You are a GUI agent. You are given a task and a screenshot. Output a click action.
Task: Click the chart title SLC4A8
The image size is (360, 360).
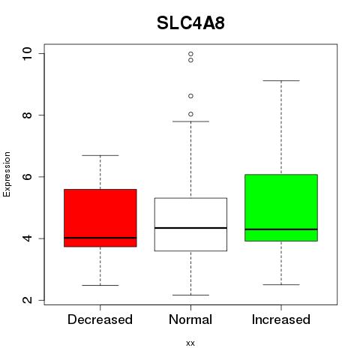point(190,23)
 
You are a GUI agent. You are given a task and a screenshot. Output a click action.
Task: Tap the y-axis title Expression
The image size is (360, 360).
point(7,174)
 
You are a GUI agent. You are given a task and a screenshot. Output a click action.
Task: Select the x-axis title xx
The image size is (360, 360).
point(190,343)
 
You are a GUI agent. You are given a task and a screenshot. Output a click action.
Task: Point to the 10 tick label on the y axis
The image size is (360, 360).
point(27,53)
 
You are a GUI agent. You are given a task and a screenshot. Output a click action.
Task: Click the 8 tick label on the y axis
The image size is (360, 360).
point(27,115)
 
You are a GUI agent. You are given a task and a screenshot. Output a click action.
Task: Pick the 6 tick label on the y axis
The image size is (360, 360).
point(27,176)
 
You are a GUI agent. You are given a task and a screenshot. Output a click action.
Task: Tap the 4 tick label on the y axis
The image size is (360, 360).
point(27,238)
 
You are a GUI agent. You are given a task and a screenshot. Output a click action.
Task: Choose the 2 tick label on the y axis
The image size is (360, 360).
point(27,300)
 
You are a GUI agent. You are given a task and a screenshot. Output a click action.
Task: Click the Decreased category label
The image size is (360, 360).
point(100,319)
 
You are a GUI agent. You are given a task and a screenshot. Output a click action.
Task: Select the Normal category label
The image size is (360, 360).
point(190,319)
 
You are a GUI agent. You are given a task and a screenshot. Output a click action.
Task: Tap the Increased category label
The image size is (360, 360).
point(281,319)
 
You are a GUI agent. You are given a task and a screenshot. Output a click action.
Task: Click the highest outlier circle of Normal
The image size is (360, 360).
point(190,54)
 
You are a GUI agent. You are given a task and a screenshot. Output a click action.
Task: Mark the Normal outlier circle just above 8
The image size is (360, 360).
point(190,114)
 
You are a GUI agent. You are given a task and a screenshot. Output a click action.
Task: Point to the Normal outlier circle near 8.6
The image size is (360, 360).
point(190,96)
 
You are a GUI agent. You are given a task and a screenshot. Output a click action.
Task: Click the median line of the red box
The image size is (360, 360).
point(100,238)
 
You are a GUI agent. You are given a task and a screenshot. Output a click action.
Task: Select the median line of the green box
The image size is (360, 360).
point(281,229)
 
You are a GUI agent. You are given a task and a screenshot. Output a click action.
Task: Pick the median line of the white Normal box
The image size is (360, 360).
point(190,228)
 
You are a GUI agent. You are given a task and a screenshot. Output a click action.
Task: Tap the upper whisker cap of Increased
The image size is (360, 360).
point(281,81)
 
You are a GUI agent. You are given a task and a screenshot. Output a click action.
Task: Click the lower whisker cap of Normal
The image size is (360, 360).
point(190,295)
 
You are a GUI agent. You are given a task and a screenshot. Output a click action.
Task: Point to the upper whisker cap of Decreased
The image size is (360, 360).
point(100,155)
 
